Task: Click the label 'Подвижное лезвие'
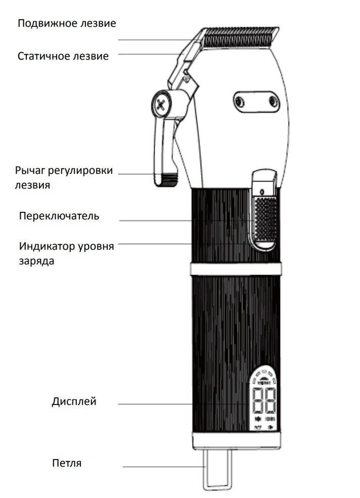pos(67,23)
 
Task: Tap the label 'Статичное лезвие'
pos(63,56)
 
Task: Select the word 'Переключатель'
pos(59,216)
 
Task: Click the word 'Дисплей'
pos(74,401)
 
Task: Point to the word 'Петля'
pos(67,463)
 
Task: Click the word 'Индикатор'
pos(47,246)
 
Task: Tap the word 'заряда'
pos(36,261)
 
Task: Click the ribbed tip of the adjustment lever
pos(166,179)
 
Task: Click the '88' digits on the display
pos(264,400)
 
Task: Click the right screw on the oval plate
pos(273,102)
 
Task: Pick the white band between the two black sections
pos(236,269)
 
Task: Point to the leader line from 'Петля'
pos(164,467)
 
